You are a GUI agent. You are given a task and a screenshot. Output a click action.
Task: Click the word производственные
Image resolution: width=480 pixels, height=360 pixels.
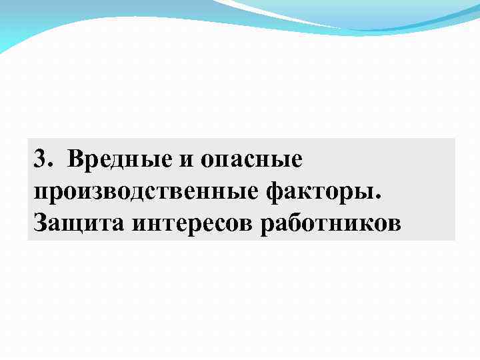click(x=145, y=193)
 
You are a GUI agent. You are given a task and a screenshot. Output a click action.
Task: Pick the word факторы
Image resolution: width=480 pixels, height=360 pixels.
click(x=321, y=193)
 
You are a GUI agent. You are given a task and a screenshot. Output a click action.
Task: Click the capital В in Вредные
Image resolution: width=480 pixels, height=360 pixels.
click(x=75, y=160)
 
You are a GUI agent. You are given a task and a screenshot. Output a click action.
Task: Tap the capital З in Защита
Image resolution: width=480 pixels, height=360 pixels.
click(x=39, y=222)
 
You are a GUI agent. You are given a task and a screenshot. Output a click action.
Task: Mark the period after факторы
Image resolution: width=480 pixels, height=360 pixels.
click(x=380, y=197)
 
